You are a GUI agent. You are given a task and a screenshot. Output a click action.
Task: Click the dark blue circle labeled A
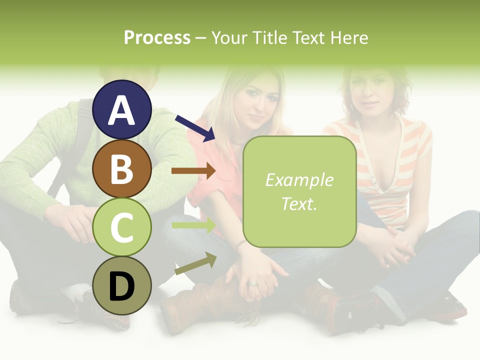(x=122, y=109)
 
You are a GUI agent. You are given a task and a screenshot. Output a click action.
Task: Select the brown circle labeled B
(x=122, y=168)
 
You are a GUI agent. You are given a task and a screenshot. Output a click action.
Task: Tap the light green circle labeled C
(x=122, y=227)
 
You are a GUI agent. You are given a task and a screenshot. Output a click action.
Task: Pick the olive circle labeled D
(x=122, y=285)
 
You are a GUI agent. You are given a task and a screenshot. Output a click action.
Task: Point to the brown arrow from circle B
(x=193, y=171)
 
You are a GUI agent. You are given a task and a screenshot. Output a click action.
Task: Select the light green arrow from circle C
(x=194, y=225)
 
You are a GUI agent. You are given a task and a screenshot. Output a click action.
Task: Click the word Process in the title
(x=157, y=37)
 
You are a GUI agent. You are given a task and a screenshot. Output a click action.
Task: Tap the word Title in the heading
(x=266, y=37)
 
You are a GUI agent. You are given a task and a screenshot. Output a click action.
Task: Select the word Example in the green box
(x=299, y=180)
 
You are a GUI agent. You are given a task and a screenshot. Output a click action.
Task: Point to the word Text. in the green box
(x=299, y=203)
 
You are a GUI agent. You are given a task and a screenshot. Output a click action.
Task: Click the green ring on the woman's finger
(x=252, y=284)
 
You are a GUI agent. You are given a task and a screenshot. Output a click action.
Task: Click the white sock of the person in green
(x=75, y=292)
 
